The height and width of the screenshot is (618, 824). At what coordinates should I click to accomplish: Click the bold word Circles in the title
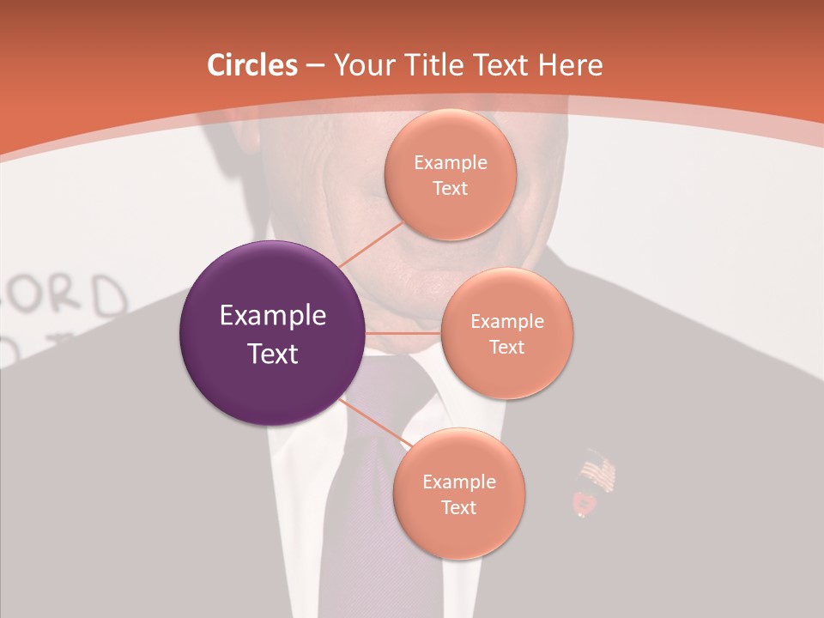(x=251, y=65)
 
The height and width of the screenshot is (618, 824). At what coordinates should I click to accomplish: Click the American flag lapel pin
(x=598, y=473)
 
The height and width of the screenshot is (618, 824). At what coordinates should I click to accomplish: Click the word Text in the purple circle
(x=272, y=354)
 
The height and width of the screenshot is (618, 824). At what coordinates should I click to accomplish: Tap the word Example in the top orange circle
(x=450, y=163)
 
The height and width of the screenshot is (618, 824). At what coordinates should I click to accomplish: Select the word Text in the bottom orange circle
(x=458, y=507)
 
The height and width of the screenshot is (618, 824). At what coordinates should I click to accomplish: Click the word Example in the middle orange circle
(x=506, y=322)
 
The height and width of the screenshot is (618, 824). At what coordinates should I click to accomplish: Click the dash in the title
(x=315, y=65)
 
